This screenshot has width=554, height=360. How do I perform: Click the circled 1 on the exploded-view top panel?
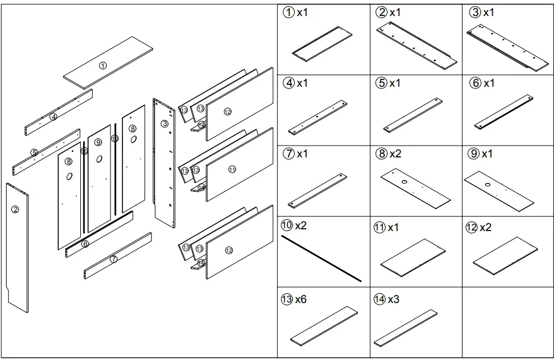(103, 65)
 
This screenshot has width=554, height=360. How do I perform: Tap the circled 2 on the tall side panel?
(15, 209)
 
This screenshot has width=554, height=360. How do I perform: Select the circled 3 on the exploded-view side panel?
(164, 124)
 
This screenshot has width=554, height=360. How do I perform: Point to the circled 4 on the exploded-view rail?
(53, 117)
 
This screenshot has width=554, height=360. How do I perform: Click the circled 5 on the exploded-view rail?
(34, 153)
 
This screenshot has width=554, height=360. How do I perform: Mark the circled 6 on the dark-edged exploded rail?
(85, 244)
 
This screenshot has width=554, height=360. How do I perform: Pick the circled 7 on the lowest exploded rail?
(113, 259)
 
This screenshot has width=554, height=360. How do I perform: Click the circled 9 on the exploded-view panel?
(98, 142)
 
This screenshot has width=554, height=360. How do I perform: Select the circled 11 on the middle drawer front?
(232, 169)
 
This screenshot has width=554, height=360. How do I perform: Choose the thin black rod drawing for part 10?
(322, 257)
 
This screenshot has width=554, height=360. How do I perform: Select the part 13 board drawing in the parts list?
(325, 325)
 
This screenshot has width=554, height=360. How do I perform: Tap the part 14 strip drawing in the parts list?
(410, 327)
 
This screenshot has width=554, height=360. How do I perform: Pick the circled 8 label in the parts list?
(381, 154)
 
